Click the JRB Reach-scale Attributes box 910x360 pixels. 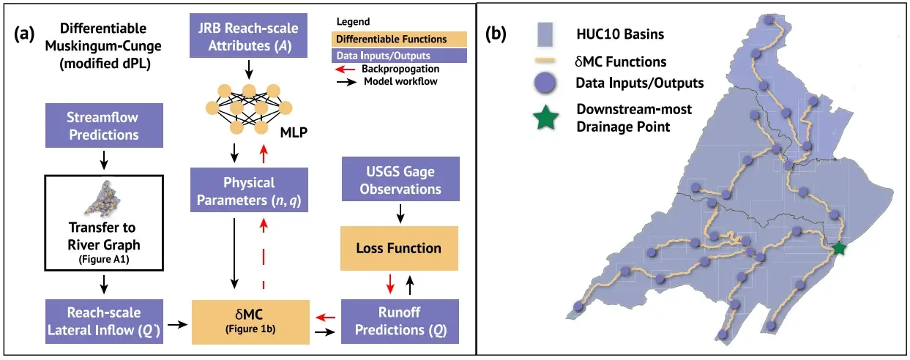pyautogui.click(x=248, y=36)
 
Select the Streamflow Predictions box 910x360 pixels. pyautogui.click(x=104, y=125)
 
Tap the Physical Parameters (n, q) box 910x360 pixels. pyautogui.click(x=249, y=190)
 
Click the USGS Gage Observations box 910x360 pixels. pyautogui.click(x=400, y=179)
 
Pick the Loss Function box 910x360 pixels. pyautogui.click(x=399, y=248)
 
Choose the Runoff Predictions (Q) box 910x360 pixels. pyautogui.click(x=400, y=321)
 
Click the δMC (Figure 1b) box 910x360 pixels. pyautogui.click(x=250, y=322)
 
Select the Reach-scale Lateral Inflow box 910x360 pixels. pyautogui.click(x=104, y=321)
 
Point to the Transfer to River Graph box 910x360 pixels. pyautogui.click(x=104, y=223)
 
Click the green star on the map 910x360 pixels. pyautogui.click(x=839, y=248)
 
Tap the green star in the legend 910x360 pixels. pyautogui.click(x=545, y=117)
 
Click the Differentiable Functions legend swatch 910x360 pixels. pyautogui.click(x=399, y=39)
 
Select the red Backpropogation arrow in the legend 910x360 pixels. pyautogui.click(x=346, y=70)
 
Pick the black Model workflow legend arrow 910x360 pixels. pyautogui.click(x=346, y=82)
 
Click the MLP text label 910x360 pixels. pyautogui.click(x=294, y=132)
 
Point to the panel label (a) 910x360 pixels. pyautogui.click(x=24, y=34)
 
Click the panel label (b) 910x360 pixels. pyautogui.click(x=496, y=34)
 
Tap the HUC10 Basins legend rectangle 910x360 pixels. pyautogui.click(x=545, y=34)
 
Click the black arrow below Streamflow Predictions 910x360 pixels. pyautogui.click(x=104, y=160)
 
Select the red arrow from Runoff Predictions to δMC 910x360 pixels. pyautogui.click(x=325, y=318)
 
